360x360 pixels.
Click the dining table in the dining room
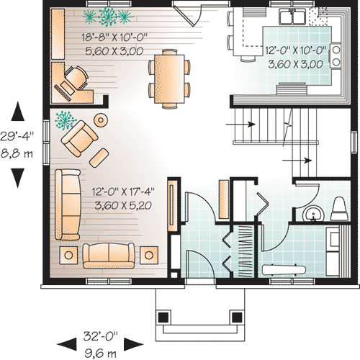pyautogui.click(x=169, y=79)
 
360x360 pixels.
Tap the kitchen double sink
pyautogui.click(x=292, y=16)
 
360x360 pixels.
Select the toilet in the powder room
pyautogui.click(x=339, y=209)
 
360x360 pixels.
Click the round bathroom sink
pyautogui.click(x=313, y=214)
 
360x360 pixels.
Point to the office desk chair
pyautogui.click(x=76, y=77)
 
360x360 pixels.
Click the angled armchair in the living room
pyautogui.click(x=79, y=138)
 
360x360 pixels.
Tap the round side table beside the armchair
pyautogui.click(x=101, y=120)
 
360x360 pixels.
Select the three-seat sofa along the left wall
pyautogui.click(x=68, y=204)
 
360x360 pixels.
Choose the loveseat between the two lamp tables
pyautogui.click(x=109, y=256)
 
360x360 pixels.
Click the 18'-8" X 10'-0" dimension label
pyautogui.click(x=114, y=37)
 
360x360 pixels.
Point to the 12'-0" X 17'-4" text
pyautogui.click(x=123, y=192)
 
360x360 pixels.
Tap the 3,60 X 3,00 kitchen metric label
pyautogui.click(x=295, y=64)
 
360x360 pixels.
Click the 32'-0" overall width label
pyautogui.click(x=101, y=336)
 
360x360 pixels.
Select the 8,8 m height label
pyautogui.click(x=17, y=153)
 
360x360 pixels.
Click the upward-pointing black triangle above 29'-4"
pyautogui.click(x=18, y=111)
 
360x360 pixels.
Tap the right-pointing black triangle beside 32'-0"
pyautogui.click(x=133, y=344)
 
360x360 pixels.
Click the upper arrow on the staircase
pyautogui.click(x=240, y=125)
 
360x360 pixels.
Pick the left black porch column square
pyautogui.click(x=164, y=318)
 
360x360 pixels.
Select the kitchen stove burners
pyautogui.click(x=336, y=56)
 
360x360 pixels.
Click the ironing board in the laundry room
pyautogui.click(x=284, y=269)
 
